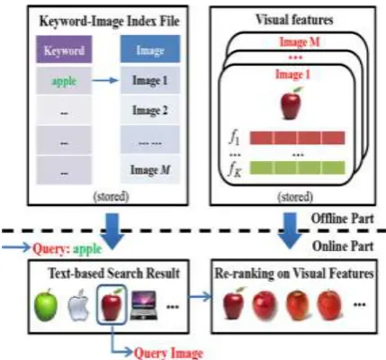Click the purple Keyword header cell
pyautogui.click(x=64, y=49)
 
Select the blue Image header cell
pyautogui.click(x=150, y=49)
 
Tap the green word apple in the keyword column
pyautogui.click(x=64, y=81)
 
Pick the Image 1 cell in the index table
pyautogui.click(x=150, y=80)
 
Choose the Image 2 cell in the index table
pyautogui.click(x=150, y=110)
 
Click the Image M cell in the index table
pyautogui.click(x=150, y=169)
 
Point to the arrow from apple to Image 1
pyautogui.click(x=105, y=80)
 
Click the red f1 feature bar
pyautogui.click(x=297, y=138)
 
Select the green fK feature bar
pyautogui.click(x=297, y=167)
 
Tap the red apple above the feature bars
pyautogui.click(x=291, y=103)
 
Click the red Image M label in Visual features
pyautogui.click(x=300, y=42)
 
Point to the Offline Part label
pyautogui.click(x=343, y=219)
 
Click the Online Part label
pyautogui.click(x=343, y=247)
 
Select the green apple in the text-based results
pyautogui.click(x=46, y=304)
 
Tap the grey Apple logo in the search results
pyautogui.click(x=78, y=305)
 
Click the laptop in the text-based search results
pyautogui.click(x=144, y=305)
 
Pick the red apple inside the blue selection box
pyautogui.click(x=112, y=303)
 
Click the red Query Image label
pyautogui.click(x=168, y=353)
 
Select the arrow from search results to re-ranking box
pyautogui.click(x=201, y=297)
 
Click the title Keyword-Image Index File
pyautogui.click(x=110, y=22)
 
